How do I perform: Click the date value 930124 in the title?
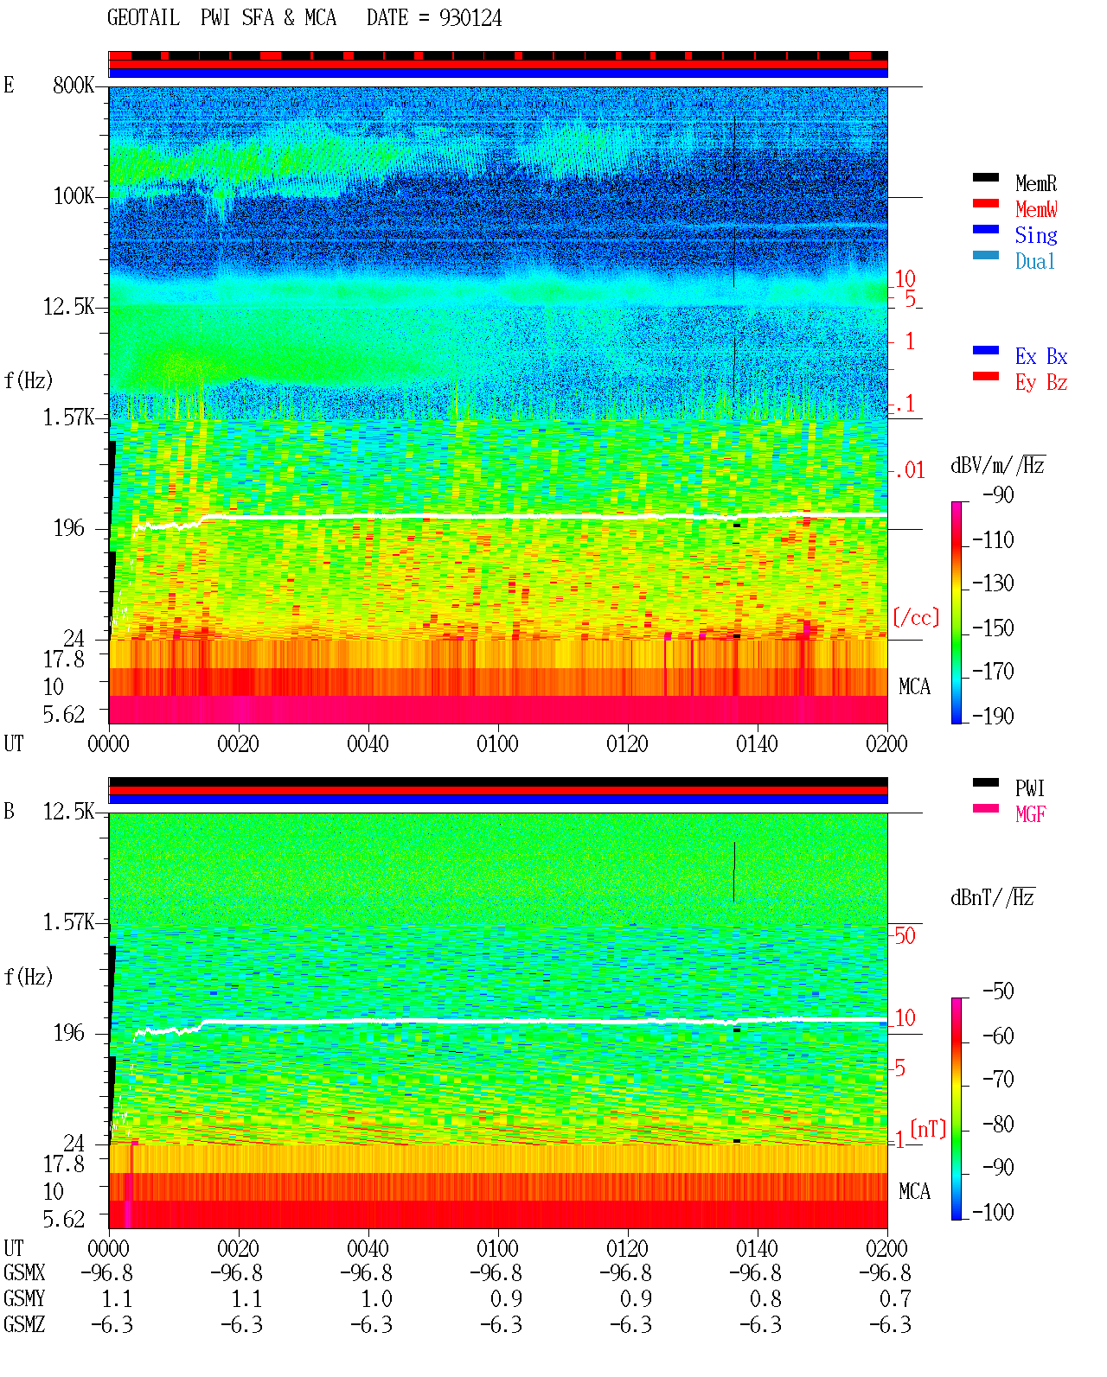click(x=470, y=18)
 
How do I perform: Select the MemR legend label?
click(x=1035, y=183)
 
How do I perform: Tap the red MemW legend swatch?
click(x=985, y=203)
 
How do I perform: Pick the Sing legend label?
click(x=1035, y=235)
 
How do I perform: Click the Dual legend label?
click(x=1034, y=261)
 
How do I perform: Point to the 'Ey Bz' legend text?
click(x=1040, y=383)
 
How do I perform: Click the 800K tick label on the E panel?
click(x=74, y=85)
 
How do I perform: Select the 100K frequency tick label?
click(x=74, y=196)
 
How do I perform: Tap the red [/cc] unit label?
click(x=916, y=617)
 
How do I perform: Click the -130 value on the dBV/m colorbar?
click(x=992, y=583)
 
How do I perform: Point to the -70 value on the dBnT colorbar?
click(x=998, y=1080)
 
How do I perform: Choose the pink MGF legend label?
click(x=1030, y=814)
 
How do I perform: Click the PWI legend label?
click(x=1029, y=788)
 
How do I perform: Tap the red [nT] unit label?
click(x=928, y=1129)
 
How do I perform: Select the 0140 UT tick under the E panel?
click(x=757, y=744)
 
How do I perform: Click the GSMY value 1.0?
click(x=376, y=1299)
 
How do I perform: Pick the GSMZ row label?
click(x=24, y=1324)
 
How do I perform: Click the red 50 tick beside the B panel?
click(x=905, y=936)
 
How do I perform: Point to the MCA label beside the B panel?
click(x=914, y=1191)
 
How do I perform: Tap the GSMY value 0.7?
click(x=895, y=1299)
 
